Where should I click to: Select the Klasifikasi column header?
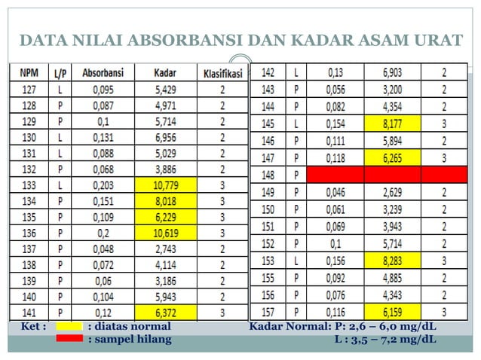pyautogui.click(x=222, y=73)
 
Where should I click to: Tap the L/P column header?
pyautogui.click(x=60, y=73)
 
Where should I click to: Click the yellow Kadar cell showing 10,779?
pyautogui.click(x=165, y=184)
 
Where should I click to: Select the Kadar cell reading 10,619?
pyautogui.click(x=165, y=231)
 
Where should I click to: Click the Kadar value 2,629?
pyautogui.click(x=392, y=192)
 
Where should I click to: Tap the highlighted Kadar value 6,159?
pyautogui.click(x=392, y=310)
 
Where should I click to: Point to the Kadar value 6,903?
pyautogui.click(x=392, y=73)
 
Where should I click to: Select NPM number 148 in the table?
pyautogui.click(x=267, y=175)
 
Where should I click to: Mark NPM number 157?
pyautogui.click(x=267, y=310)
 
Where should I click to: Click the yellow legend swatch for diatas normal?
pyautogui.click(x=69, y=327)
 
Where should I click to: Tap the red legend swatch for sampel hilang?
pyautogui.click(x=69, y=339)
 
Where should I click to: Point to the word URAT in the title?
pyautogui.click(x=437, y=39)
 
